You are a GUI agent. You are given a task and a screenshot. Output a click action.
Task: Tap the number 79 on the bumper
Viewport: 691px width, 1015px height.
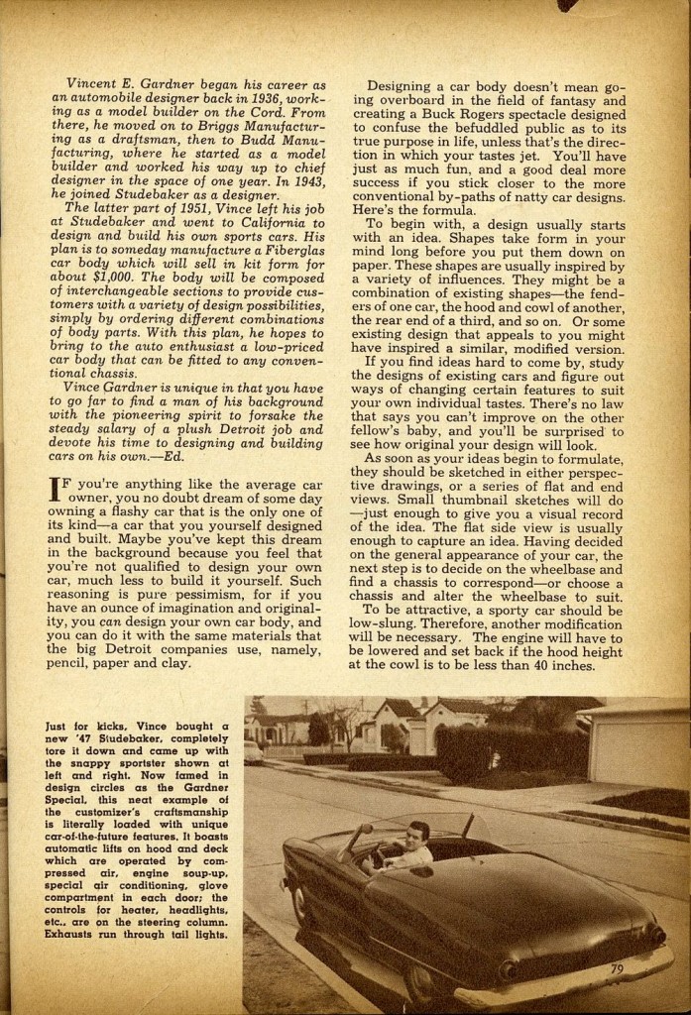(618, 968)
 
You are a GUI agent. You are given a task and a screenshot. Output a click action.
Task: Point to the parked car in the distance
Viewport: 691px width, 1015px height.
(255, 752)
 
